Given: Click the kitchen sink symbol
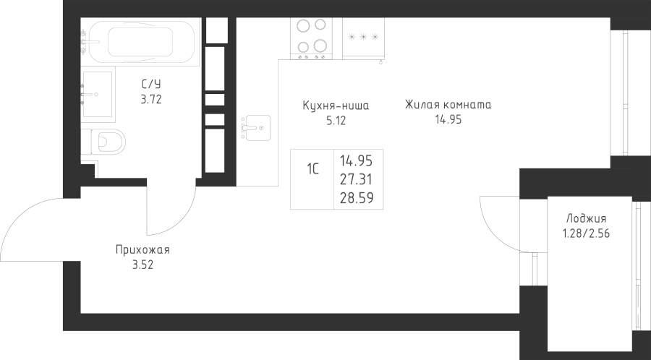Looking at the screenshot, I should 255,127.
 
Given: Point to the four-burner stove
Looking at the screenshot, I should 310,38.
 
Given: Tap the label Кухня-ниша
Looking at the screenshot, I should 336,106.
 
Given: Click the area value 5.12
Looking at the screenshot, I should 336,121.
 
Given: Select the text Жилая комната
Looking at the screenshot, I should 448,105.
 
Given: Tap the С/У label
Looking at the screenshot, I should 150,85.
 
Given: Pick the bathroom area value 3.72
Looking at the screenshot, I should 150,100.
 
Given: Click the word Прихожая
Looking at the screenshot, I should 142,250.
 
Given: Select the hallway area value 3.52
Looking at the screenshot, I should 142,265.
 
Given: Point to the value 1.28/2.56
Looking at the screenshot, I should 587,233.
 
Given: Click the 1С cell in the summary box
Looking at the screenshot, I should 312,171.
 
